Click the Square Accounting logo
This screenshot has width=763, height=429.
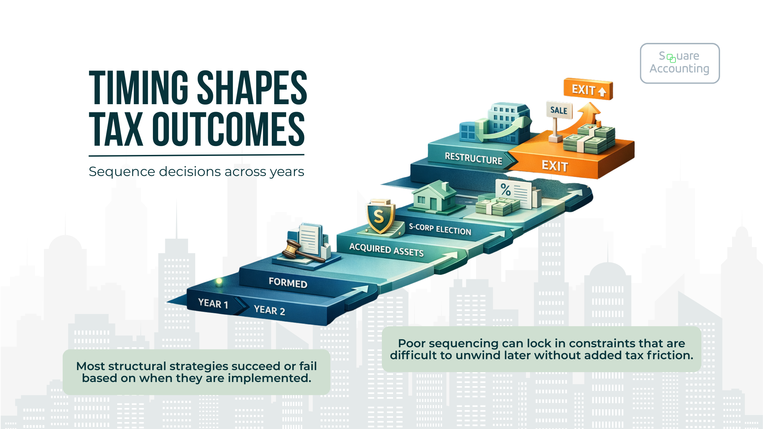coord(680,63)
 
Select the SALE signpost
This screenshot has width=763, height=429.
coord(559,110)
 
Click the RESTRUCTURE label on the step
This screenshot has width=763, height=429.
coord(473,159)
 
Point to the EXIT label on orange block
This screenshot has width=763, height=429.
coord(555,166)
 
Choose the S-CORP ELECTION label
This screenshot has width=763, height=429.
coord(440,229)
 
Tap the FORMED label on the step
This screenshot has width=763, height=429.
coord(288,283)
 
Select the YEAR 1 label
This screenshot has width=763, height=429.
coord(213,303)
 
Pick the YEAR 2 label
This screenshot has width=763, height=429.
coord(269,310)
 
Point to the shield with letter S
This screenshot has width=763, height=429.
coord(380,217)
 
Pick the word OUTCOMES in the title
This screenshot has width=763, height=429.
coord(228,129)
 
